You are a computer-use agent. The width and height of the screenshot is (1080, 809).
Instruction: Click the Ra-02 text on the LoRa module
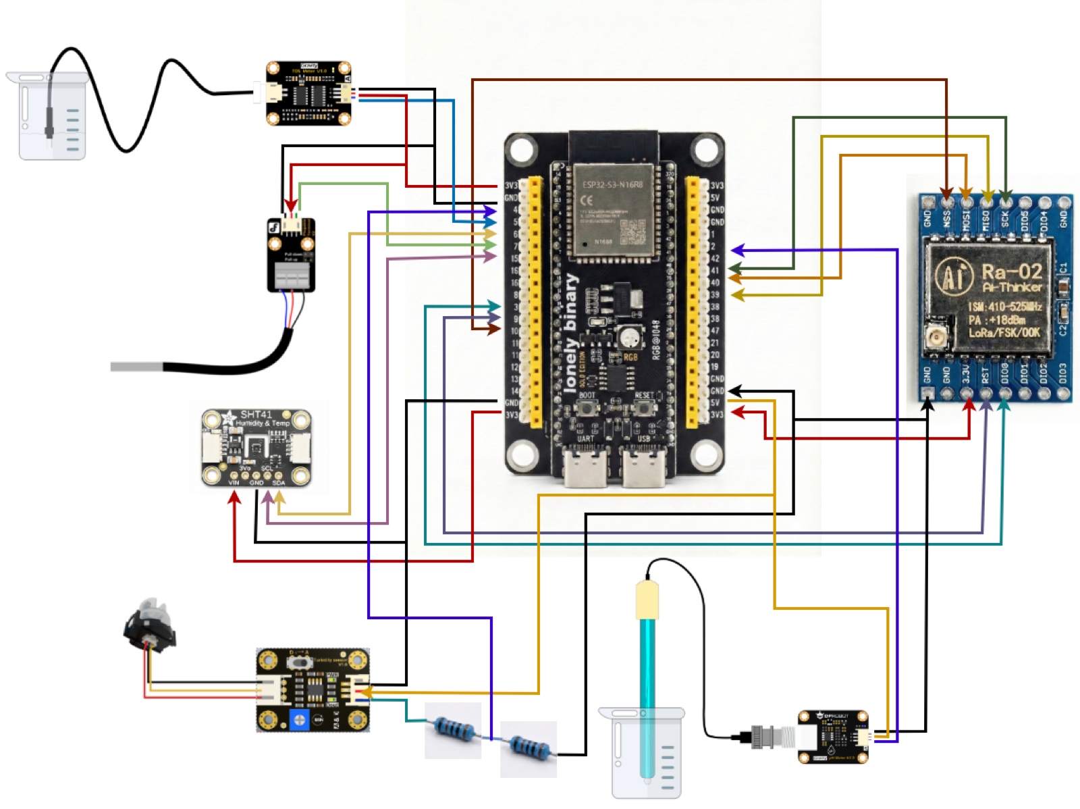click(x=1010, y=271)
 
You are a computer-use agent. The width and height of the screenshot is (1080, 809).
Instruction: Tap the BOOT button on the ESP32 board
click(x=589, y=408)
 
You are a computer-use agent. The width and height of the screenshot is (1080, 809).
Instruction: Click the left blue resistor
click(x=453, y=731)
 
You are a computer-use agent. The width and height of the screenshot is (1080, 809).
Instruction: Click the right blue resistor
click(x=529, y=748)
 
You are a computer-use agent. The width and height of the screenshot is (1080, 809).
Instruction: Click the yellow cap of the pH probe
click(x=647, y=600)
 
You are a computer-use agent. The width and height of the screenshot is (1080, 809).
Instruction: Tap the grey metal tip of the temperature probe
click(x=136, y=367)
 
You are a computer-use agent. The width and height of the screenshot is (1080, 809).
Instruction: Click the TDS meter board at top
click(x=308, y=94)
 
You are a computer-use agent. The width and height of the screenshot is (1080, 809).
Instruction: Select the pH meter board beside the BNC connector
click(x=833, y=736)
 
